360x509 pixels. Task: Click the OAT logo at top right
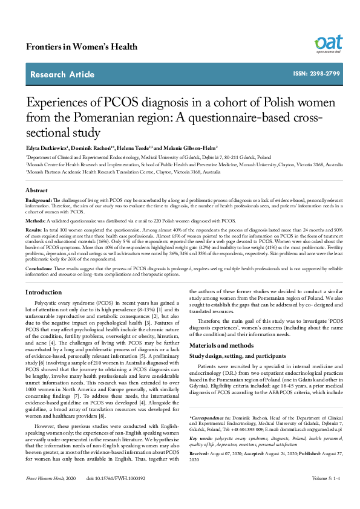point(328,44)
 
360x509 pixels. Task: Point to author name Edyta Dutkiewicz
point(48,148)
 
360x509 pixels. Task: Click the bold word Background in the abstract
point(39,199)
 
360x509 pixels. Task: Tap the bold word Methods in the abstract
point(35,221)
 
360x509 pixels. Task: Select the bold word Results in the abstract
point(34,230)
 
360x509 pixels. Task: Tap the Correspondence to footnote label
point(209,417)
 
